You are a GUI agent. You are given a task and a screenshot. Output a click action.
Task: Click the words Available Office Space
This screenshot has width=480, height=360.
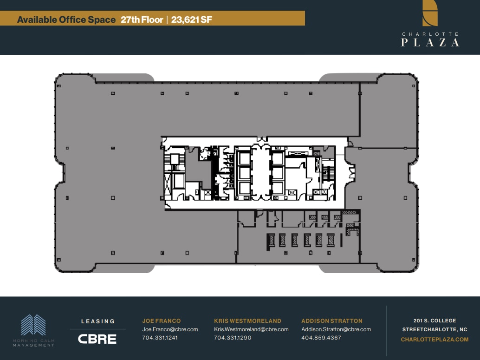click(66, 20)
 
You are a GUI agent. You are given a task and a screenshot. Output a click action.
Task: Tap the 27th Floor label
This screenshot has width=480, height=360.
click(142, 20)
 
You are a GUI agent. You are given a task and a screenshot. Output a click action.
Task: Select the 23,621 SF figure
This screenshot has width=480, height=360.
click(192, 20)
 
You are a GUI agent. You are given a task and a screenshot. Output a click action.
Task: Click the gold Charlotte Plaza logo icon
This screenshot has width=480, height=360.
click(430, 13)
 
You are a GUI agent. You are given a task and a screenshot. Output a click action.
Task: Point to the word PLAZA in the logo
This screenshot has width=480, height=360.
click(430, 42)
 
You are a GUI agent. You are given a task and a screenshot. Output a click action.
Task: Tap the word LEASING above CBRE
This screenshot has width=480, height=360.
click(98, 321)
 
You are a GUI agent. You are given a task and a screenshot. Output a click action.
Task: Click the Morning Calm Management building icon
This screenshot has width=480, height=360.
click(33, 325)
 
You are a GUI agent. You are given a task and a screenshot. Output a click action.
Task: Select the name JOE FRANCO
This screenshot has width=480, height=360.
click(162, 321)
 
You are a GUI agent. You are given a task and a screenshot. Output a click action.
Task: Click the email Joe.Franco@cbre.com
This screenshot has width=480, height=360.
click(170, 329)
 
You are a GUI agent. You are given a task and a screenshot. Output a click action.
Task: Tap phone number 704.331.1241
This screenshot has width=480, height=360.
click(160, 338)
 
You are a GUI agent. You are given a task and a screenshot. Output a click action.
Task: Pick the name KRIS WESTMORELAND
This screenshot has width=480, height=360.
click(247, 321)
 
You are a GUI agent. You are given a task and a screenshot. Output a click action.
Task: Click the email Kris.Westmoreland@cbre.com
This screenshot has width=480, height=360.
click(251, 329)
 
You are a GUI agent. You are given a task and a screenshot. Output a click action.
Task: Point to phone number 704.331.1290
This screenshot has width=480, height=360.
click(233, 338)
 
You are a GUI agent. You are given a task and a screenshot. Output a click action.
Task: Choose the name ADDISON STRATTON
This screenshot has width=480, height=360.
click(332, 321)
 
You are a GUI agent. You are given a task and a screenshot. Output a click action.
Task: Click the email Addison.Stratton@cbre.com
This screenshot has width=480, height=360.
click(336, 329)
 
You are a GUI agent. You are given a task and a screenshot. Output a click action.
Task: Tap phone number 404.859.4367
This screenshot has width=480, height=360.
click(321, 338)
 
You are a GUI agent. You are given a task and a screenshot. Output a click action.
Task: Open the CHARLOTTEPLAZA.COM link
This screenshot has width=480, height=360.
click(435, 340)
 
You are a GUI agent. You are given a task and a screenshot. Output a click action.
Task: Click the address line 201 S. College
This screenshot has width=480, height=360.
click(435, 321)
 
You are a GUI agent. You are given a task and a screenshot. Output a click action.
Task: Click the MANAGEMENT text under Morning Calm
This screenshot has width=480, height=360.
click(33, 345)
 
